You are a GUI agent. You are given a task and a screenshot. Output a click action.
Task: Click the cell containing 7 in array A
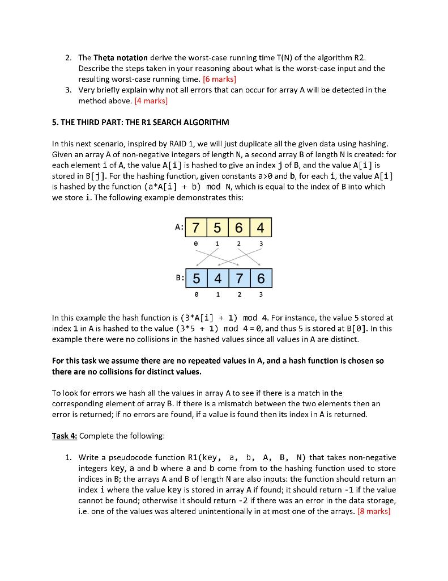click(x=195, y=228)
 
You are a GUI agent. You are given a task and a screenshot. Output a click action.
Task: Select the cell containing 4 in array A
click(x=261, y=228)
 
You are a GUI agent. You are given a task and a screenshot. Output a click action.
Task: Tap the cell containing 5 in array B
click(x=195, y=279)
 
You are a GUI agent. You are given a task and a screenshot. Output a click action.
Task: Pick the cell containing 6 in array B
click(x=261, y=279)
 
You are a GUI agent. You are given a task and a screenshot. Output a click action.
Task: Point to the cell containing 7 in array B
click(x=239, y=279)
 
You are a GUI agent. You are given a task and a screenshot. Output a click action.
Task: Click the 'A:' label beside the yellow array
click(x=179, y=227)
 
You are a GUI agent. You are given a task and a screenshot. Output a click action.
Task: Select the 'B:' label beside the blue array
click(x=179, y=279)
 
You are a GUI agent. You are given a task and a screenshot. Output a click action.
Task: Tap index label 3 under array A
click(x=261, y=243)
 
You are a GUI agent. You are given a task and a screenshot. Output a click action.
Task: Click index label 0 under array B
click(x=195, y=294)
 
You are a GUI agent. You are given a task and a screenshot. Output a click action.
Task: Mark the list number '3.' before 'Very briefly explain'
click(x=67, y=90)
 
